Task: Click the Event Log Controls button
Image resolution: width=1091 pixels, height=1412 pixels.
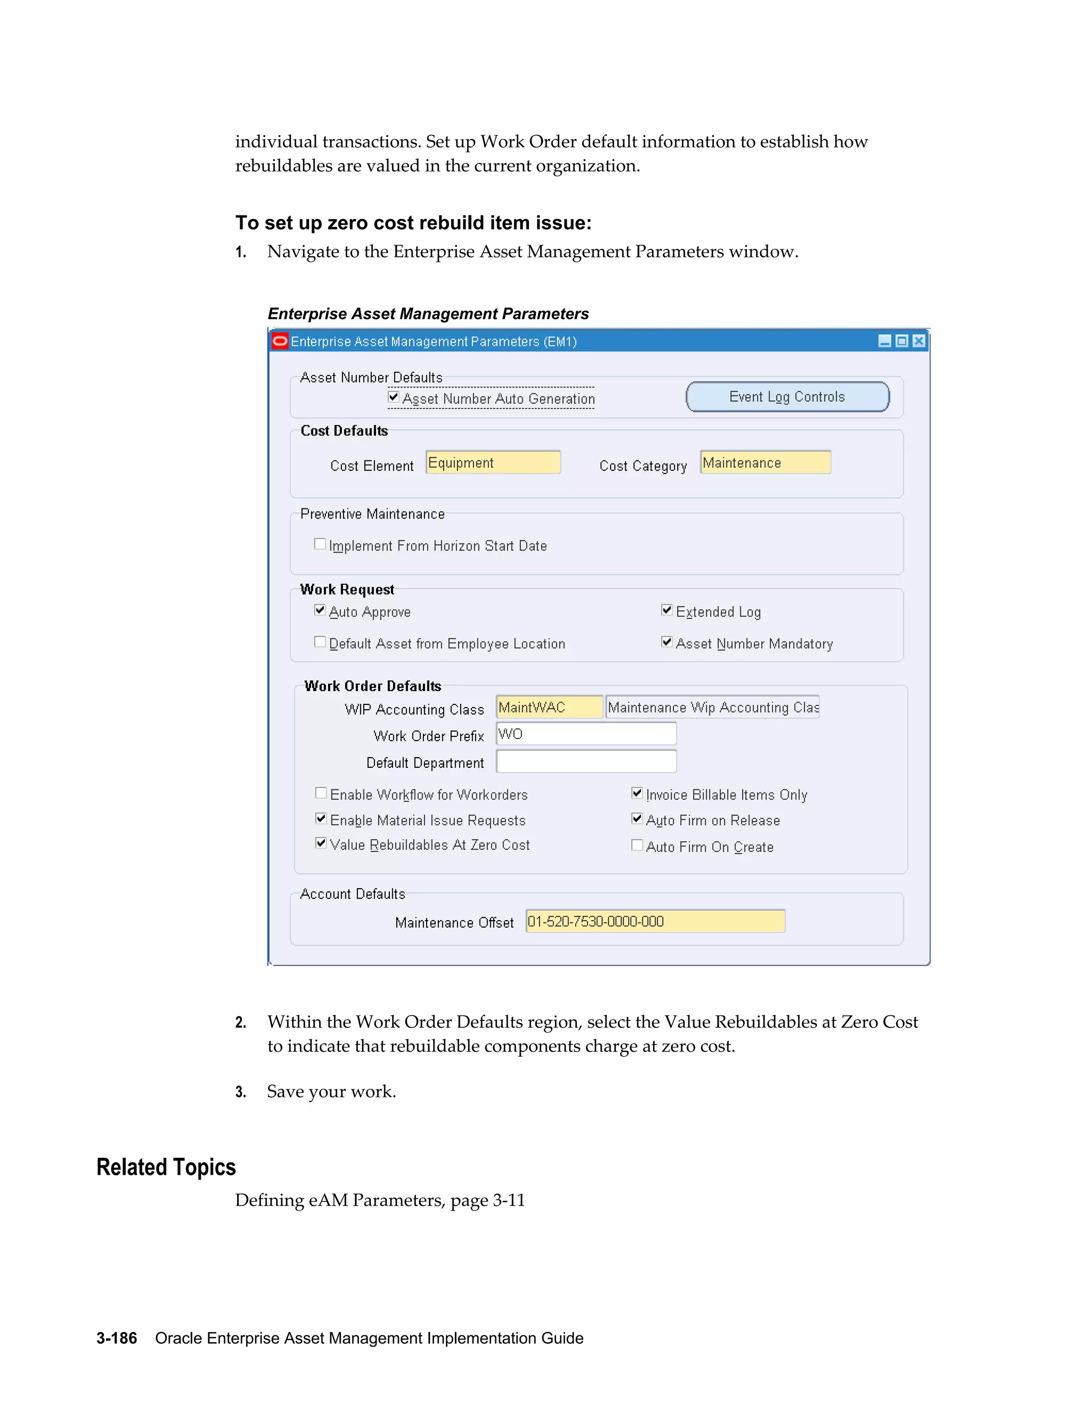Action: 787,397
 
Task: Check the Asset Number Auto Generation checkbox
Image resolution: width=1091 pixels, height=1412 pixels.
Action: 393,397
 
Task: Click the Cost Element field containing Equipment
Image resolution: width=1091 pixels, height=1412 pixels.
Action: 493,463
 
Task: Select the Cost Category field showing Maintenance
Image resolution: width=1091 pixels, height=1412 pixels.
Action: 766,463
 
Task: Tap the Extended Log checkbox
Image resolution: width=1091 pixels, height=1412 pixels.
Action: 666,610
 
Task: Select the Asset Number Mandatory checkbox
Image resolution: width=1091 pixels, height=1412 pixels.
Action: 666,642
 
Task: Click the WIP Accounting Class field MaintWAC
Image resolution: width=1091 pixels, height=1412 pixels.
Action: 549,707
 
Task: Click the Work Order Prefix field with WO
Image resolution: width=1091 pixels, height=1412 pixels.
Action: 585,734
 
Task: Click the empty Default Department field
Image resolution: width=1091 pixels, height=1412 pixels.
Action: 585,761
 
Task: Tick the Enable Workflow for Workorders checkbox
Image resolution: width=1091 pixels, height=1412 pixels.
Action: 321,793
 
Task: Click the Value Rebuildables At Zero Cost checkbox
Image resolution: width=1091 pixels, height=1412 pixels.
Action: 321,843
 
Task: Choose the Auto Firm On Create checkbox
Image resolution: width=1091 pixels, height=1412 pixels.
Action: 637,845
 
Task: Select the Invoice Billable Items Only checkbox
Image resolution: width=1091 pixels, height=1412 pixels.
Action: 637,793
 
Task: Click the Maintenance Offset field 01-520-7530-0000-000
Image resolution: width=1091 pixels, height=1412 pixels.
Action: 655,921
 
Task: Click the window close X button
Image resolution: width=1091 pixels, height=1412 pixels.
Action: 918,342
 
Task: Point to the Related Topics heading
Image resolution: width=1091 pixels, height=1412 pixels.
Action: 166,1167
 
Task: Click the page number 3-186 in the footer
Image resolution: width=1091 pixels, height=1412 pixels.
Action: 116,1338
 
